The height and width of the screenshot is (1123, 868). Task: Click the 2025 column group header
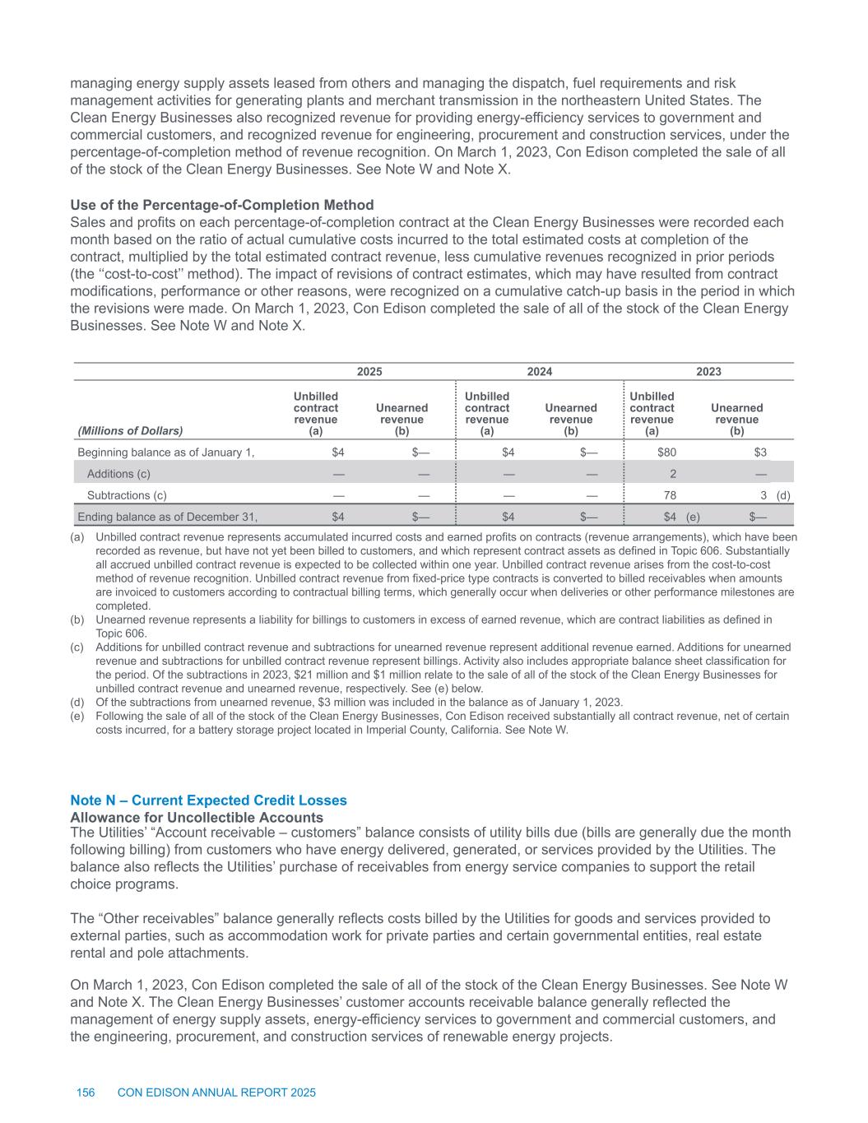click(369, 372)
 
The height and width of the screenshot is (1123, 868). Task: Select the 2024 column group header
click(539, 372)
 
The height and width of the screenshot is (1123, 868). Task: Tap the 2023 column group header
click(708, 372)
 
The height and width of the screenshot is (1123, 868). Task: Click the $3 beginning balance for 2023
click(761, 452)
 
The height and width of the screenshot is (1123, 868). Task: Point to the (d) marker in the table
click(783, 495)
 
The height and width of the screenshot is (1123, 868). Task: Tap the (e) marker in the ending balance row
click(693, 517)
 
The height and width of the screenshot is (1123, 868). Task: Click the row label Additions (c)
click(118, 474)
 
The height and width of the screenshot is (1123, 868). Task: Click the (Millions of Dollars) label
click(130, 430)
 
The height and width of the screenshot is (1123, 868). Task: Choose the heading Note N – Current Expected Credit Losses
click(209, 800)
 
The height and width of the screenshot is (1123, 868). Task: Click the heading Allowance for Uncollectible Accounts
click(197, 817)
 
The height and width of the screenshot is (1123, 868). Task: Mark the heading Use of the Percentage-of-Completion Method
click(222, 205)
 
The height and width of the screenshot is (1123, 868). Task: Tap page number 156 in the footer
click(86, 1093)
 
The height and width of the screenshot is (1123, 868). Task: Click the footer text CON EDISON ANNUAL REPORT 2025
click(217, 1093)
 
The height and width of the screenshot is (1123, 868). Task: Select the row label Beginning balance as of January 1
click(165, 452)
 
